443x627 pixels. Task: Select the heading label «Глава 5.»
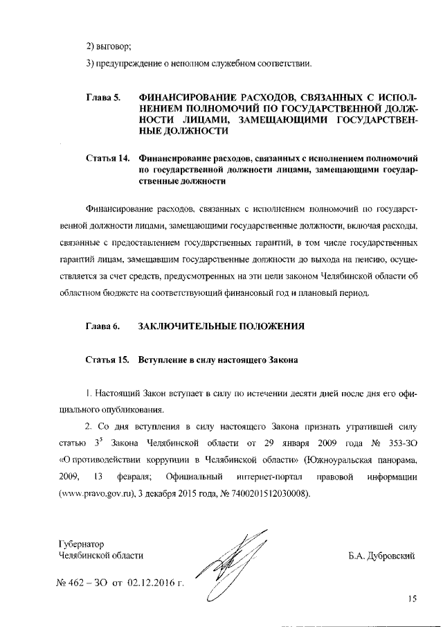(103, 96)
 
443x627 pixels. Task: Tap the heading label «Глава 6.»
(103, 325)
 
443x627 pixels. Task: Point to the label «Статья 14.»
(108, 158)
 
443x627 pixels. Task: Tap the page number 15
(412, 600)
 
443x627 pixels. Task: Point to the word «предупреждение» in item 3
(129, 64)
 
